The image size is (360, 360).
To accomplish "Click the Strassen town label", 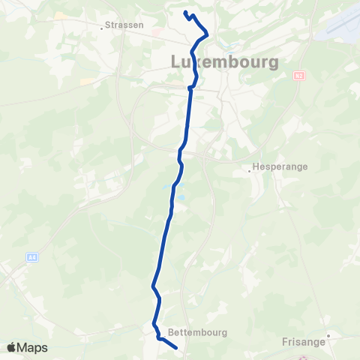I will [124, 24].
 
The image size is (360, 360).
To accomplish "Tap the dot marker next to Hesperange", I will [250, 170].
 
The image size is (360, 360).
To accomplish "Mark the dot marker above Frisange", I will [328, 336].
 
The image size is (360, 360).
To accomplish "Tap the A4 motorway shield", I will [32, 257].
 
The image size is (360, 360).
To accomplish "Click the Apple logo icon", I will [11, 347].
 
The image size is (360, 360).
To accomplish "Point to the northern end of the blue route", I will [184, 11].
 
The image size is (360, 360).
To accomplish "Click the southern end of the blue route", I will [175, 347].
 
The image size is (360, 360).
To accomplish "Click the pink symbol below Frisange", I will [303, 356].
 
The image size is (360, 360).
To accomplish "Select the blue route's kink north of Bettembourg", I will [153, 286].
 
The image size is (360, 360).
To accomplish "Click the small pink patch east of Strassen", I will [155, 32].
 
